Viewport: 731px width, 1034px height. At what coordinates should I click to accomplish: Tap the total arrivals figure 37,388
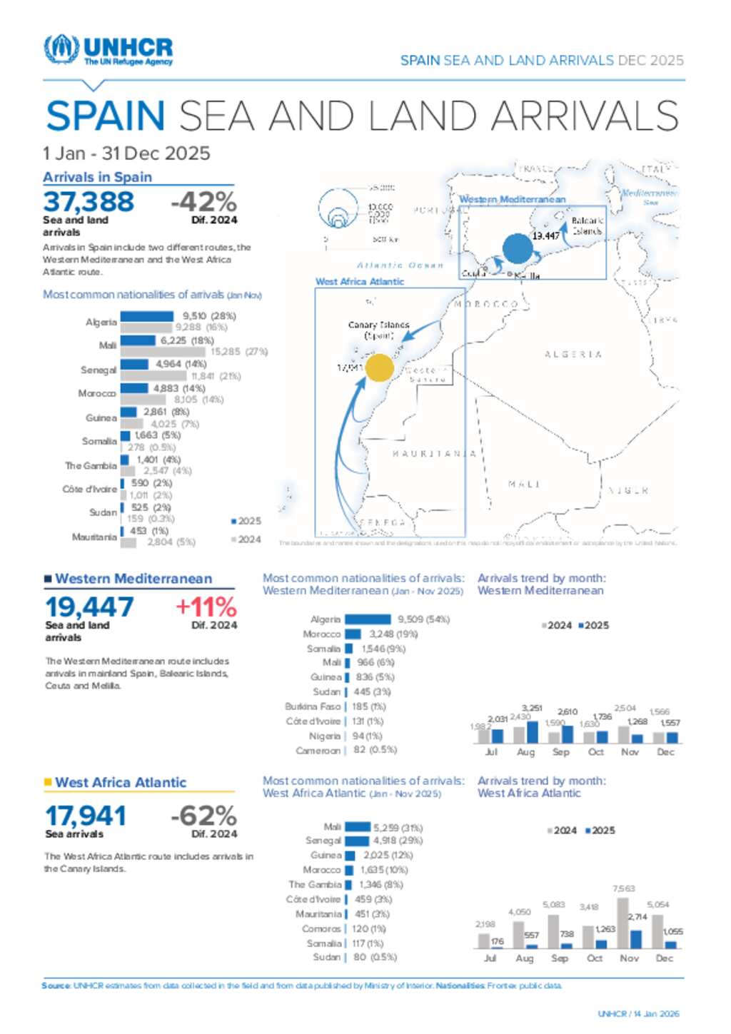pos(89,202)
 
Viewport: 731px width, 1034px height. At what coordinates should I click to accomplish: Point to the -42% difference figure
pos(203,202)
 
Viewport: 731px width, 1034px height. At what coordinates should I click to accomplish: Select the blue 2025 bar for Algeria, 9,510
pos(147,316)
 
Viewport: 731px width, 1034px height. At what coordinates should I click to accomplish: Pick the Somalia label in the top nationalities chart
pos(99,441)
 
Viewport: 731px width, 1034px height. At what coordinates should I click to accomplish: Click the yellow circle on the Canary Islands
pos(380,368)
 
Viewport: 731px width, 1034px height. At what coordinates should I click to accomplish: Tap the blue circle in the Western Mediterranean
pos(518,249)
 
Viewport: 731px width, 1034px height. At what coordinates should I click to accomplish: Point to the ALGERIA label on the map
pos(573,354)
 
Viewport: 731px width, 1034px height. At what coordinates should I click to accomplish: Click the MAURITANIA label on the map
pos(434,454)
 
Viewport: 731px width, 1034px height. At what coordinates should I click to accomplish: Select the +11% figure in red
pos(206,607)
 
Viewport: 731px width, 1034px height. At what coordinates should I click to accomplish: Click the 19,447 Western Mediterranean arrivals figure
pos(89,607)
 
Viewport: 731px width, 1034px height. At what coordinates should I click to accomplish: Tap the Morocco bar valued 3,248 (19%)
pos(353,634)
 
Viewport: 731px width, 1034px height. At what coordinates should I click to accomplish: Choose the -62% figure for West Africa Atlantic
pos(203,816)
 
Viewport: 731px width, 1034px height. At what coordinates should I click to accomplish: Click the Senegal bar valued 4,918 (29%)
pos(357,841)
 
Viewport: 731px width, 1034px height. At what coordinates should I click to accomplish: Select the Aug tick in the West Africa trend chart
pos(525,958)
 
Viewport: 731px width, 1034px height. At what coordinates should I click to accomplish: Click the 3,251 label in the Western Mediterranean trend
pos(532,709)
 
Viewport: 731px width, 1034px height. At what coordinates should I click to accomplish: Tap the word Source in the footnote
pos(56,985)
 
